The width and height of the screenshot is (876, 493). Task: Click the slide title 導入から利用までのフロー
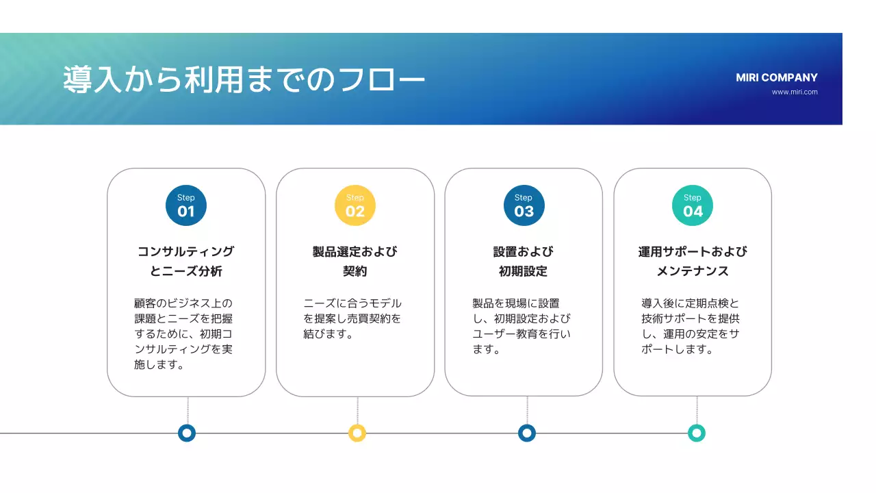pyautogui.click(x=244, y=80)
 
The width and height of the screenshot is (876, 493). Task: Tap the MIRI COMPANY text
pyautogui.click(x=777, y=77)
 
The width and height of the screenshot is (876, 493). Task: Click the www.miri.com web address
pyautogui.click(x=795, y=92)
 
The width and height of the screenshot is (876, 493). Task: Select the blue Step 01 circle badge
pyautogui.click(x=186, y=205)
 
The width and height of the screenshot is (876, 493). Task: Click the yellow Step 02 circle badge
pyautogui.click(x=355, y=205)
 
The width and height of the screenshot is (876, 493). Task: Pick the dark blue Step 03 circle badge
pyautogui.click(x=524, y=205)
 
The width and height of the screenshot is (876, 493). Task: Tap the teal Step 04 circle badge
pyautogui.click(x=693, y=205)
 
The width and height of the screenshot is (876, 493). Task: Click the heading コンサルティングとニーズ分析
pyautogui.click(x=186, y=261)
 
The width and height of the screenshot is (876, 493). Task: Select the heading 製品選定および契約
pyautogui.click(x=355, y=261)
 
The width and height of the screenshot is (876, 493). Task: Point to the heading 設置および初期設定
pyautogui.click(x=524, y=261)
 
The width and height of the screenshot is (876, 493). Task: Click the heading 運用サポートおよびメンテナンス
pyautogui.click(x=693, y=261)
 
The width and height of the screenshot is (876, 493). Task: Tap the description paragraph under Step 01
pyautogui.click(x=184, y=333)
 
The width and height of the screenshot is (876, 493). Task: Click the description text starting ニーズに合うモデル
pyautogui.click(x=352, y=318)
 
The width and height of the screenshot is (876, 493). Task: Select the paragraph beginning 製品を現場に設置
pyautogui.click(x=521, y=326)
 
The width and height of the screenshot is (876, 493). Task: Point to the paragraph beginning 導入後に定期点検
pyautogui.click(x=691, y=326)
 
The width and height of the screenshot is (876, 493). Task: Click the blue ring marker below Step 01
pyautogui.click(x=187, y=433)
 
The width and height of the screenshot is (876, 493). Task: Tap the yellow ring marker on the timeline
pyautogui.click(x=357, y=433)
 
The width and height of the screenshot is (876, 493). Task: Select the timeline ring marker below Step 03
pyautogui.click(x=526, y=433)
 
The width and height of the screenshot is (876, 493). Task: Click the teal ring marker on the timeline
pyautogui.click(x=697, y=433)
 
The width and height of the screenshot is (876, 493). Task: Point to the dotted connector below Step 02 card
pyautogui.click(x=357, y=410)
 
